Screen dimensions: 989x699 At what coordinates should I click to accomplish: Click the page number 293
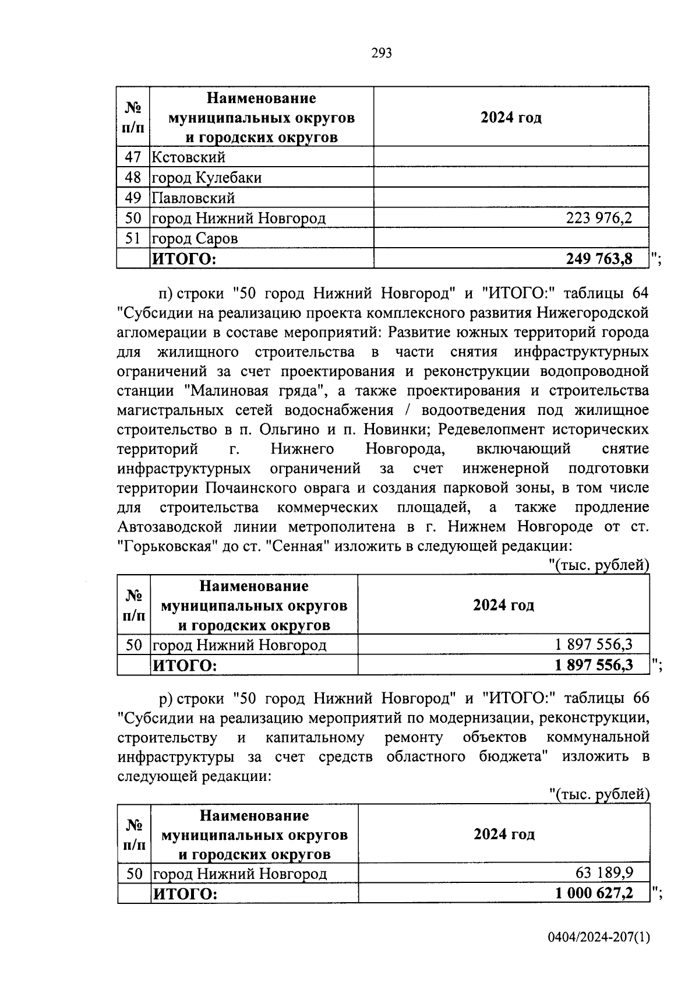click(382, 54)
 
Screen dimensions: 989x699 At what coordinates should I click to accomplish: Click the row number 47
click(133, 157)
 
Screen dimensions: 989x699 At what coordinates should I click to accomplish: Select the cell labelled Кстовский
click(189, 157)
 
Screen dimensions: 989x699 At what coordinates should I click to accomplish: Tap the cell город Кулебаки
click(207, 177)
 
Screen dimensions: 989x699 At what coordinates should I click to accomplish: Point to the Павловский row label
click(193, 198)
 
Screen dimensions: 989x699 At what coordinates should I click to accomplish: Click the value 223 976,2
click(599, 218)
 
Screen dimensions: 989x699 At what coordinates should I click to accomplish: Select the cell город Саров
click(195, 238)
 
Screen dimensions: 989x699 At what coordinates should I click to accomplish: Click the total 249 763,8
click(599, 259)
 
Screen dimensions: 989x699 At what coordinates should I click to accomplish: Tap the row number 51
click(133, 238)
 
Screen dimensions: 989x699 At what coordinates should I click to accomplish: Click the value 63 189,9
click(604, 873)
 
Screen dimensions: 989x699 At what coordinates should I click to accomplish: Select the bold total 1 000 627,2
click(594, 893)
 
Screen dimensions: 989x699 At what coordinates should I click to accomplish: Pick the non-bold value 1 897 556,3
click(594, 645)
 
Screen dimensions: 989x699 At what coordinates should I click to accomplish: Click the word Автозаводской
click(170, 526)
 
